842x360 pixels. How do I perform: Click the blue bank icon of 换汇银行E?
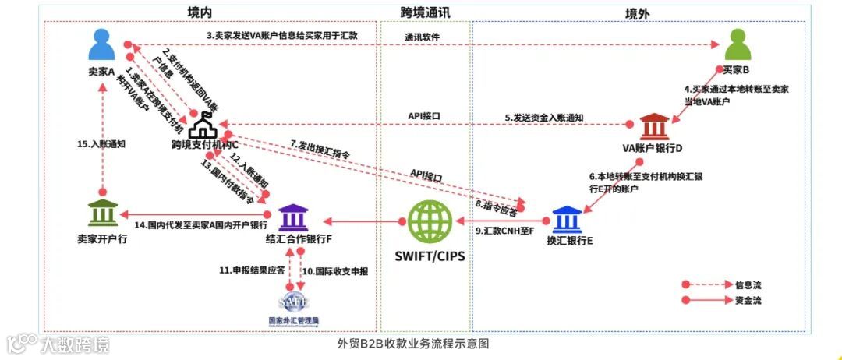coord(569,219)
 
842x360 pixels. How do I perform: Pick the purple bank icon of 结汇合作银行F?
coord(292,219)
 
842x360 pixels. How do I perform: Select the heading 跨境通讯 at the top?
coord(424,12)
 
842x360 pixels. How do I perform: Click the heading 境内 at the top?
coord(200,12)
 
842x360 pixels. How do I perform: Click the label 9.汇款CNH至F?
coord(504,231)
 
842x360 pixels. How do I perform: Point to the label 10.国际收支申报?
coord(335,271)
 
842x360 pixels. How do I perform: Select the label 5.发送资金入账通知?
coord(543,118)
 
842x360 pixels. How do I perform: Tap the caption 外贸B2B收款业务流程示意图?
coord(413,343)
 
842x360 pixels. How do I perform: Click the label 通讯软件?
coord(424,37)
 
